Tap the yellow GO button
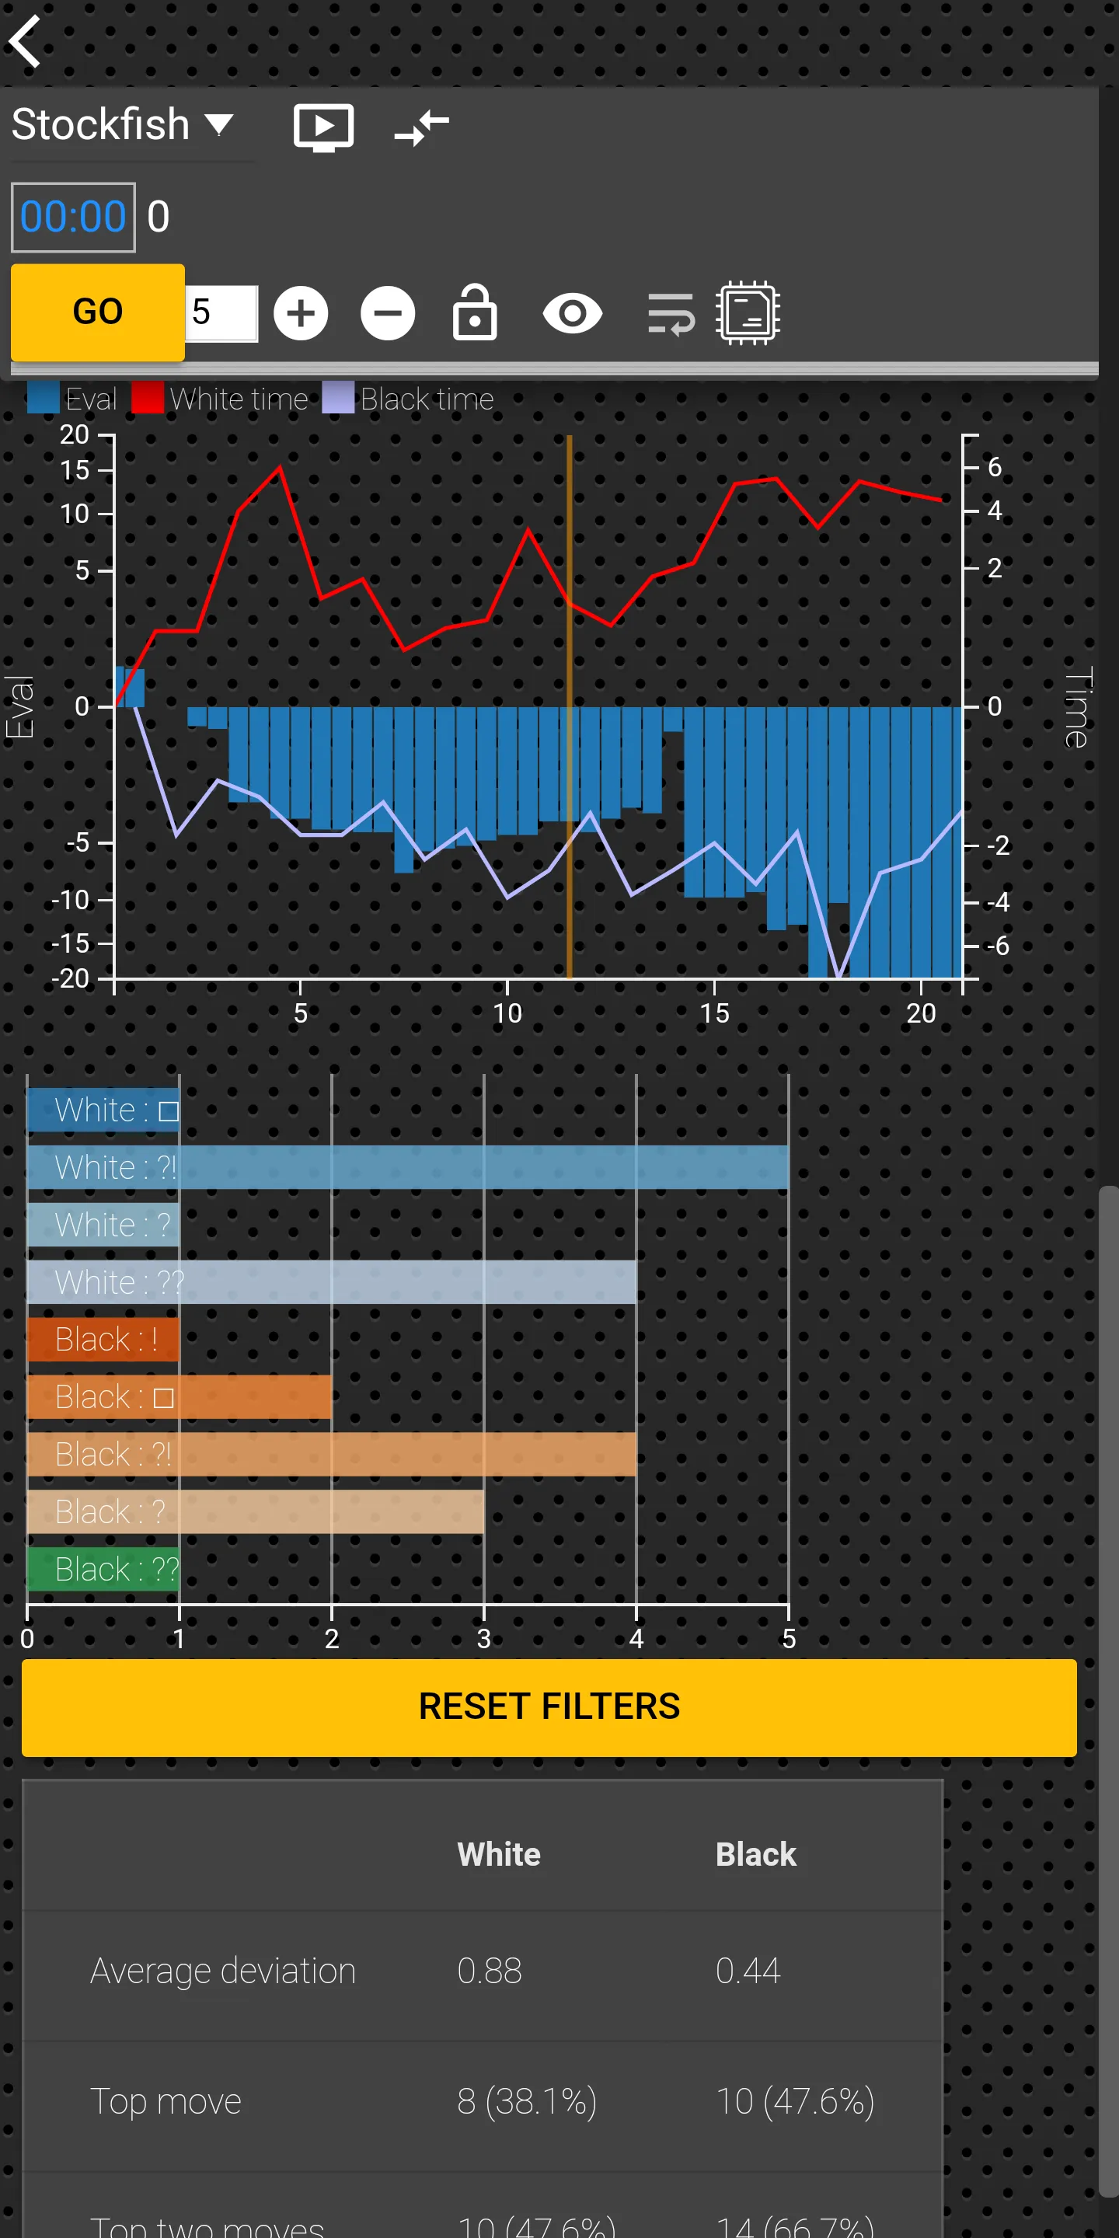click(x=97, y=312)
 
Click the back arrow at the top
click(x=26, y=41)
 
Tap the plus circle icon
click(x=301, y=312)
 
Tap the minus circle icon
click(x=388, y=312)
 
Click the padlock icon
click(x=474, y=312)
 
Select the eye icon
click(x=572, y=312)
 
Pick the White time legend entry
click(x=221, y=399)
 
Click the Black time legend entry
click(x=408, y=399)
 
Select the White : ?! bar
click(x=407, y=1166)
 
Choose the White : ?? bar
click(x=331, y=1281)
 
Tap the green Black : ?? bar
click(x=103, y=1568)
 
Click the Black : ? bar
click(x=256, y=1511)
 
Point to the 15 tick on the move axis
click(x=714, y=1012)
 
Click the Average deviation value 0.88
click(x=489, y=1971)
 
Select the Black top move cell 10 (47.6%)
click(x=794, y=2100)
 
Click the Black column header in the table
click(x=755, y=1854)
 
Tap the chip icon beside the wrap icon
click(x=747, y=312)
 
